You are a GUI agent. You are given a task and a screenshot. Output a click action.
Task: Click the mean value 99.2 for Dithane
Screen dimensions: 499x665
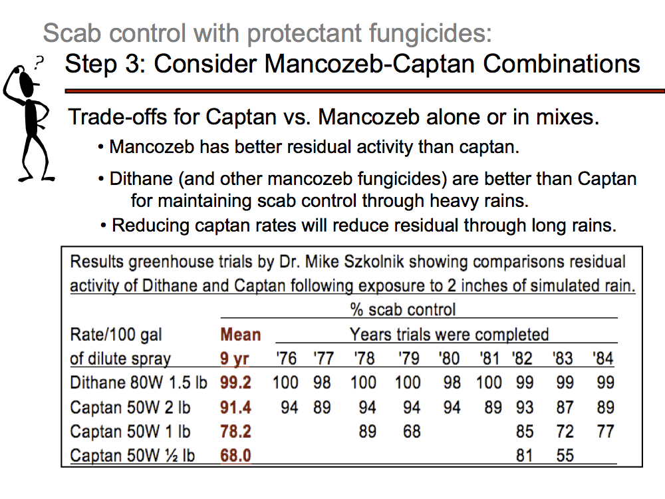(x=235, y=383)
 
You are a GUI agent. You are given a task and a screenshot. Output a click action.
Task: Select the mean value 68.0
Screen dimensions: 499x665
(x=235, y=456)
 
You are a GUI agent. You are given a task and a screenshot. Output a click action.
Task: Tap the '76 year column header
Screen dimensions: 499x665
(x=286, y=359)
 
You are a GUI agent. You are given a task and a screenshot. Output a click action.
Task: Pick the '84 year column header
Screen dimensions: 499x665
(x=603, y=359)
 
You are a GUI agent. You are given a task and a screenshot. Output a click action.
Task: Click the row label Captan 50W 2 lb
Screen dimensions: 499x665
(x=130, y=407)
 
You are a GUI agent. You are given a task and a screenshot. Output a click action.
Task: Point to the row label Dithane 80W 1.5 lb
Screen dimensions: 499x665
(x=138, y=383)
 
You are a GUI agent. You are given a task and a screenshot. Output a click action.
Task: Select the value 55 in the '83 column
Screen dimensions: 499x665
(x=564, y=456)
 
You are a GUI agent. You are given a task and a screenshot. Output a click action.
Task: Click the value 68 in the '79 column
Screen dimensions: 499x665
(x=412, y=431)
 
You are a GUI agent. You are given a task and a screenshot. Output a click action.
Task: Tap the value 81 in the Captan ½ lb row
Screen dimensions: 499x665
(x=524, y=456)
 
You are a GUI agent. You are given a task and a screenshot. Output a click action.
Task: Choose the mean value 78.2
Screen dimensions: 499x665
(x=235, y=431)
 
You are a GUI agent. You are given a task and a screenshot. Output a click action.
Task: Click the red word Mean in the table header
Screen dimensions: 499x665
(x=240, y=334)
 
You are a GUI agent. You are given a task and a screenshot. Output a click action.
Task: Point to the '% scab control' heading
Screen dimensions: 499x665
(x=403, y=309)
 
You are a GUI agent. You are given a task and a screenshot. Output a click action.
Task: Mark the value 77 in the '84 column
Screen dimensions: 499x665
(x=605, y=431)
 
